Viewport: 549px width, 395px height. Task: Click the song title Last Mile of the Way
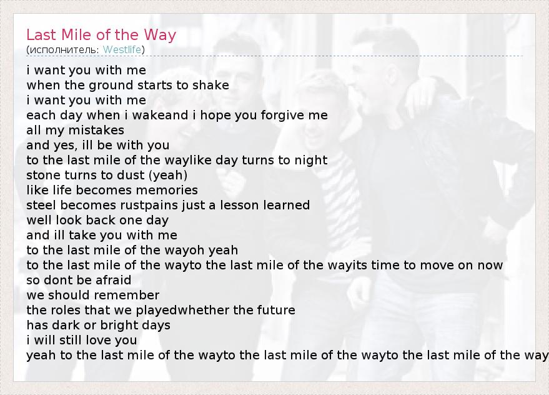coord(101,35)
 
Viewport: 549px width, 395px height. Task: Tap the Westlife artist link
coord(122,50)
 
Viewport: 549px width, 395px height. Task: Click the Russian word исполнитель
coord(64,50)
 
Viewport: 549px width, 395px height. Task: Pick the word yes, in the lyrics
coord(66,146)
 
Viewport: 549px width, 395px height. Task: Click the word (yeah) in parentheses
coord(168,175)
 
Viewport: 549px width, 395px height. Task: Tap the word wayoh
coord(184,250)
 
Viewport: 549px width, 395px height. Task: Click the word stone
coord(40,175)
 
